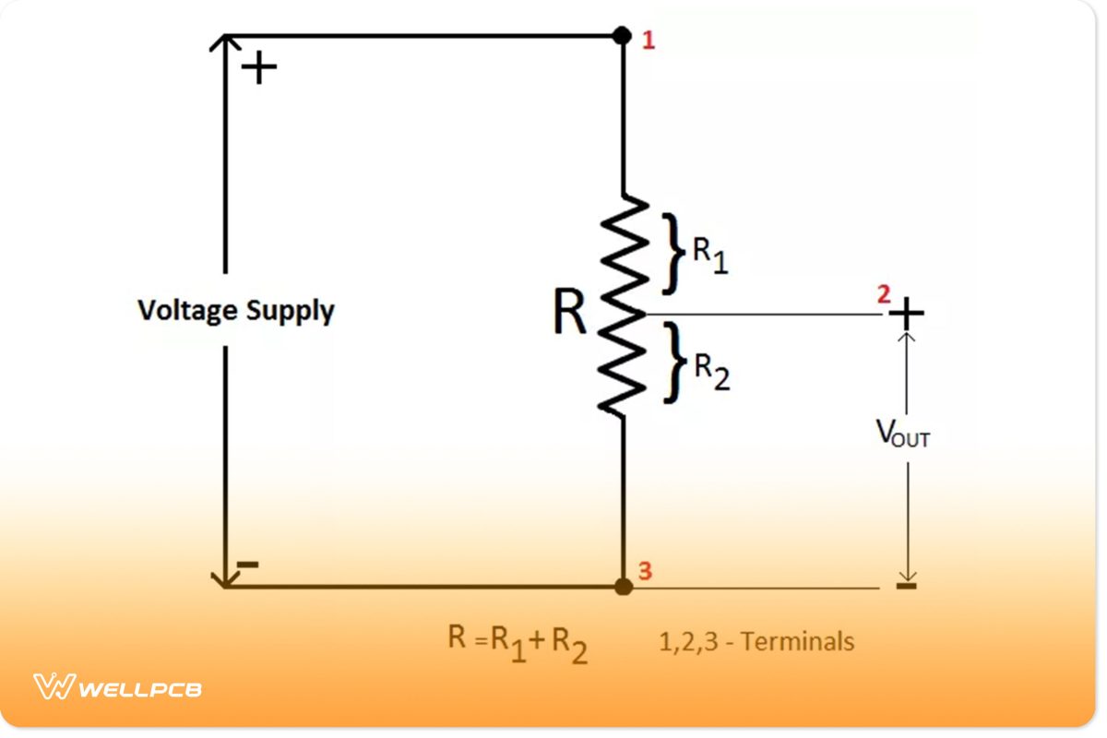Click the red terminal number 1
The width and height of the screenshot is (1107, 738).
pos(649,41)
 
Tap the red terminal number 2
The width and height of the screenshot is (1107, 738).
pos(883,294)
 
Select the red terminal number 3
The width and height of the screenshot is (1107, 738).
pos(646,571)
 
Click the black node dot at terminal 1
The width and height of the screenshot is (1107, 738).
pos(623,36)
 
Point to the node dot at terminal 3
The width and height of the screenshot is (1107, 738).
pos(624,586)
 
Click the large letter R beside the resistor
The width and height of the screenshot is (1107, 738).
pos(569,314)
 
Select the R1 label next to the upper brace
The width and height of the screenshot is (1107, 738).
pos(709,256)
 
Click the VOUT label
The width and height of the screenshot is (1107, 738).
pos(902,434)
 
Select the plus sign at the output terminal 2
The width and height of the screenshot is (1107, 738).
pos(907,314)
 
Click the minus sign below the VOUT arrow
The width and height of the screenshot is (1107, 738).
pos(907,585)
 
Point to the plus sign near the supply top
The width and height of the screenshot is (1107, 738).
pos(259,68)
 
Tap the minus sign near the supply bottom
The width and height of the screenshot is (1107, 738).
pos(248,565)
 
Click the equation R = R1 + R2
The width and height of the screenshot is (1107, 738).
pos(518,643)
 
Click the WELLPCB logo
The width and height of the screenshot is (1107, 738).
pos(117,687)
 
